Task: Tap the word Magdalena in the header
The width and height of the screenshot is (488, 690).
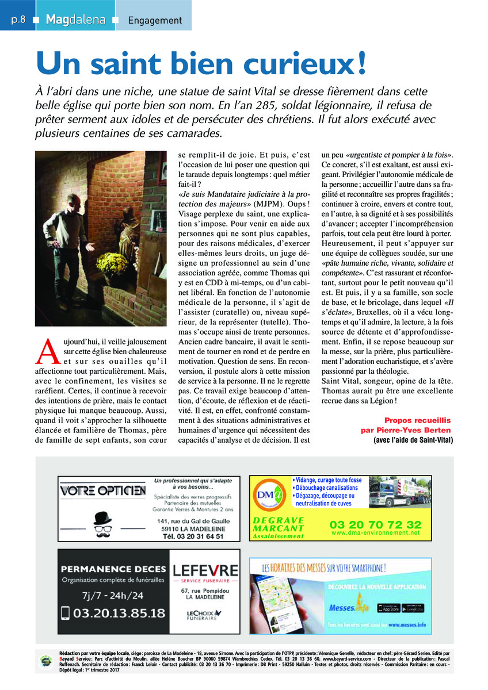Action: click(75, 20)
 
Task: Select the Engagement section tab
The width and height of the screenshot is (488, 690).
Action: click(154, 20)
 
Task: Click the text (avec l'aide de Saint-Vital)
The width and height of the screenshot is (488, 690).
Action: click(413, 440)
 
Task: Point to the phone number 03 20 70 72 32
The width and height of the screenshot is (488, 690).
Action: click(375, 524)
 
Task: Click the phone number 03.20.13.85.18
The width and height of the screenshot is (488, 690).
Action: click(113, 612)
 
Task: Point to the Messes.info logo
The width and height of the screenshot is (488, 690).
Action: click(348, 607)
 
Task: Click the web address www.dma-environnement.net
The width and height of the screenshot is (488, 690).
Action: click(375, 533)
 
